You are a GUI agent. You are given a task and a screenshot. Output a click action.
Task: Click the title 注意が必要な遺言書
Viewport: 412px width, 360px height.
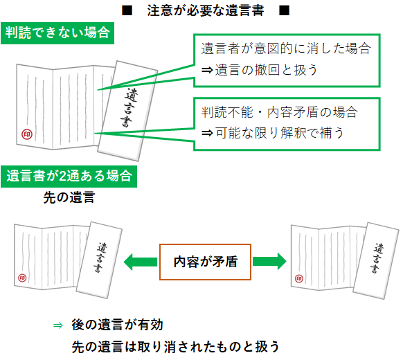206,12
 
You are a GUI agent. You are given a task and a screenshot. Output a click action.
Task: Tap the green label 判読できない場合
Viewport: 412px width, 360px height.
57,32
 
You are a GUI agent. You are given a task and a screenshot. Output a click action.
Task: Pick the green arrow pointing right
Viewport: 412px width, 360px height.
269,262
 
